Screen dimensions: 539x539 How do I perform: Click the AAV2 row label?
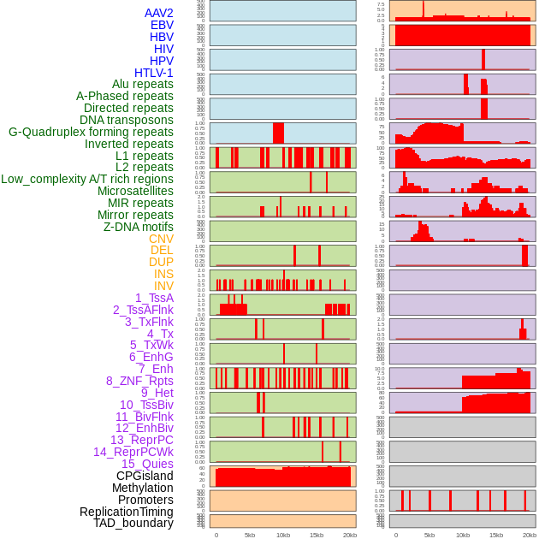tap(158, 13)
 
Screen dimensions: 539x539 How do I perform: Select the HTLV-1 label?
tap(153, 73)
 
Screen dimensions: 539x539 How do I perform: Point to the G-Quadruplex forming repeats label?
tap(91, 132)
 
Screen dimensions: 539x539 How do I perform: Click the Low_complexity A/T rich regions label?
tap(87, 179)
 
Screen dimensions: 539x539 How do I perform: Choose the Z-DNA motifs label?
tap(138, 227)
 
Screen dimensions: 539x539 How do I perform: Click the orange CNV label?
tap(161, 239)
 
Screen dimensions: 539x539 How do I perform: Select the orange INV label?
tap(163, 286)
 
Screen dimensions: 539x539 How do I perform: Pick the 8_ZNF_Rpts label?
tap(139, 381)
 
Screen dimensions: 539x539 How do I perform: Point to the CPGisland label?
tap(145, 476)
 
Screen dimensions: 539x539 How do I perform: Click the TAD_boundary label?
tap(133, 523)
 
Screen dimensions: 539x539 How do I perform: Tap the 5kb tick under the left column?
tap(250, 535)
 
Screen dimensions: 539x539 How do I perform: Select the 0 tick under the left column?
tap(216, 535)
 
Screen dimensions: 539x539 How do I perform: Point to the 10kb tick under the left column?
tap(283, 535)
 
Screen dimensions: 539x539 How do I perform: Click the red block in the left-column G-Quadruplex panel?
tap(278, 133)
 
